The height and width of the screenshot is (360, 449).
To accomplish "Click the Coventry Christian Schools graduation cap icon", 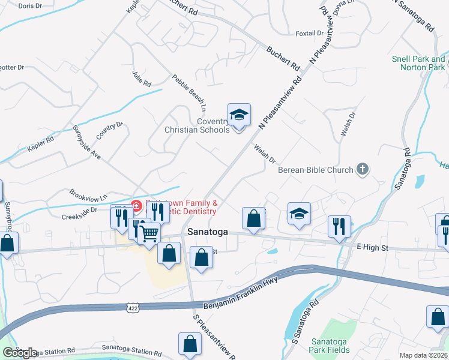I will coord(239,114).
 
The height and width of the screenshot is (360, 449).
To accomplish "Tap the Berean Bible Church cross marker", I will coord(362,170).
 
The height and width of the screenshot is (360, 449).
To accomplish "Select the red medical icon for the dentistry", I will coord(136,206).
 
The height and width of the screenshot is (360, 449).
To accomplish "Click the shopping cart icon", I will coord(149,233).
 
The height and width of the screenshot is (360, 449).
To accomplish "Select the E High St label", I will coord(373,247).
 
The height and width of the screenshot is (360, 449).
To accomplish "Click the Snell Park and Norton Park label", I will coord(418,63).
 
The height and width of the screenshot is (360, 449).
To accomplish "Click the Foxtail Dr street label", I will coord(310,34).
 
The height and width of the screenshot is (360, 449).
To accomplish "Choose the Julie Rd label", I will coord(141,77).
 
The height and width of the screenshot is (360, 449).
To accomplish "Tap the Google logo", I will coord(20,353).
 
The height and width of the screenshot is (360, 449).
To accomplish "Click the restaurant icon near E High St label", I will coord(339,227).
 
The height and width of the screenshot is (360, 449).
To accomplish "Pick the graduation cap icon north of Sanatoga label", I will coord(298,214).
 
